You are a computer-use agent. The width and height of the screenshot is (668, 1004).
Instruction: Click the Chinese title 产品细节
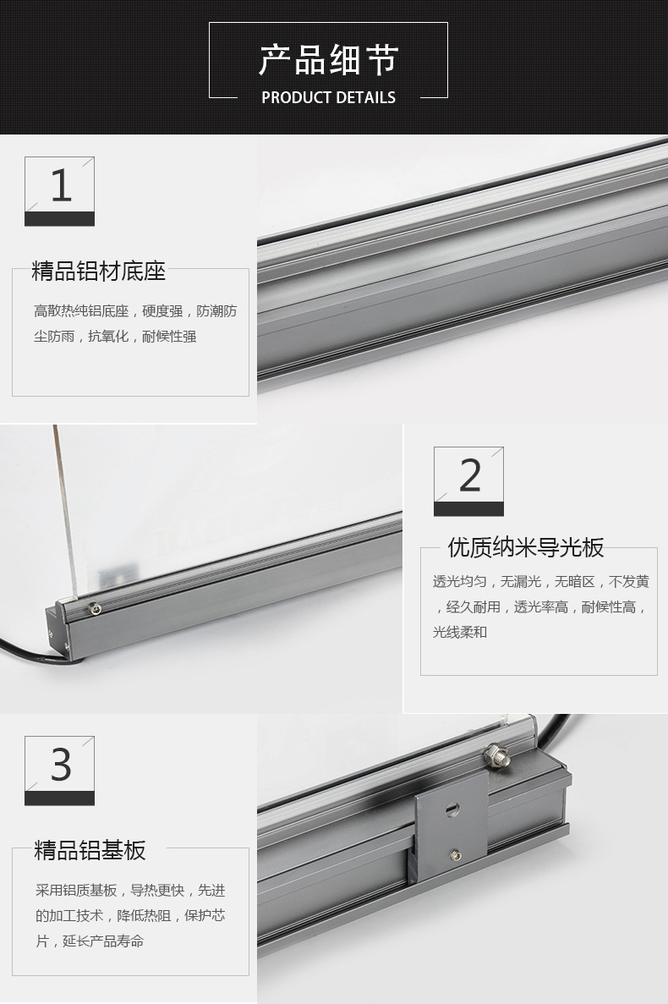pos(328,59)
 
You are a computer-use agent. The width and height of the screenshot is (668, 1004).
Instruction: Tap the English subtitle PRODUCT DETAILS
pos(328,98)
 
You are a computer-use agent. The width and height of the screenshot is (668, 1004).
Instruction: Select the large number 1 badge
pos(59,191)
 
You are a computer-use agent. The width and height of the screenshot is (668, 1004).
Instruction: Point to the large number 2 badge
pos(469,481)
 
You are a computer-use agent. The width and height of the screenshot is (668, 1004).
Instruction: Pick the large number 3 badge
pos(59,771)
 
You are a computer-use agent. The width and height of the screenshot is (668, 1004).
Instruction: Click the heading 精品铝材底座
pos(99,271)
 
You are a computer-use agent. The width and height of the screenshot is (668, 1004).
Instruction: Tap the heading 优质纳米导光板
pos(526,547)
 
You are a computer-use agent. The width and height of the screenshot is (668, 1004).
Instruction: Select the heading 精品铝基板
pos(90,850)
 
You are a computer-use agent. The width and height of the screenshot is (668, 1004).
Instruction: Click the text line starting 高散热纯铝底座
pos(135,311)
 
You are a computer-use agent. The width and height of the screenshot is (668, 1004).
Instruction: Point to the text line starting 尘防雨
pos(115,336)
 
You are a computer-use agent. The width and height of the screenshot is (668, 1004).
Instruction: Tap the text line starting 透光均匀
pos(540,581)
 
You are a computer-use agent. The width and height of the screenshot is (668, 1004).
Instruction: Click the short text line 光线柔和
pos(460,632)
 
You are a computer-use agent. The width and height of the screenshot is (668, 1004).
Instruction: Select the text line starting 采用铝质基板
pos(130,890)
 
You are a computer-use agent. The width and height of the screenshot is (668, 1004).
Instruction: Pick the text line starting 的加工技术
pos(130,916)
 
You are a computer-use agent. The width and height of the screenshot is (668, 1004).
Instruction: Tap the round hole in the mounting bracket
pos(452,809)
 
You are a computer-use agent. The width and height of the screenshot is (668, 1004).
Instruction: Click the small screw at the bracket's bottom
pos(456,854)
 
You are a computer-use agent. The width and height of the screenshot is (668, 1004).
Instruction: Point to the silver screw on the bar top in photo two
pos(94,608)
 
